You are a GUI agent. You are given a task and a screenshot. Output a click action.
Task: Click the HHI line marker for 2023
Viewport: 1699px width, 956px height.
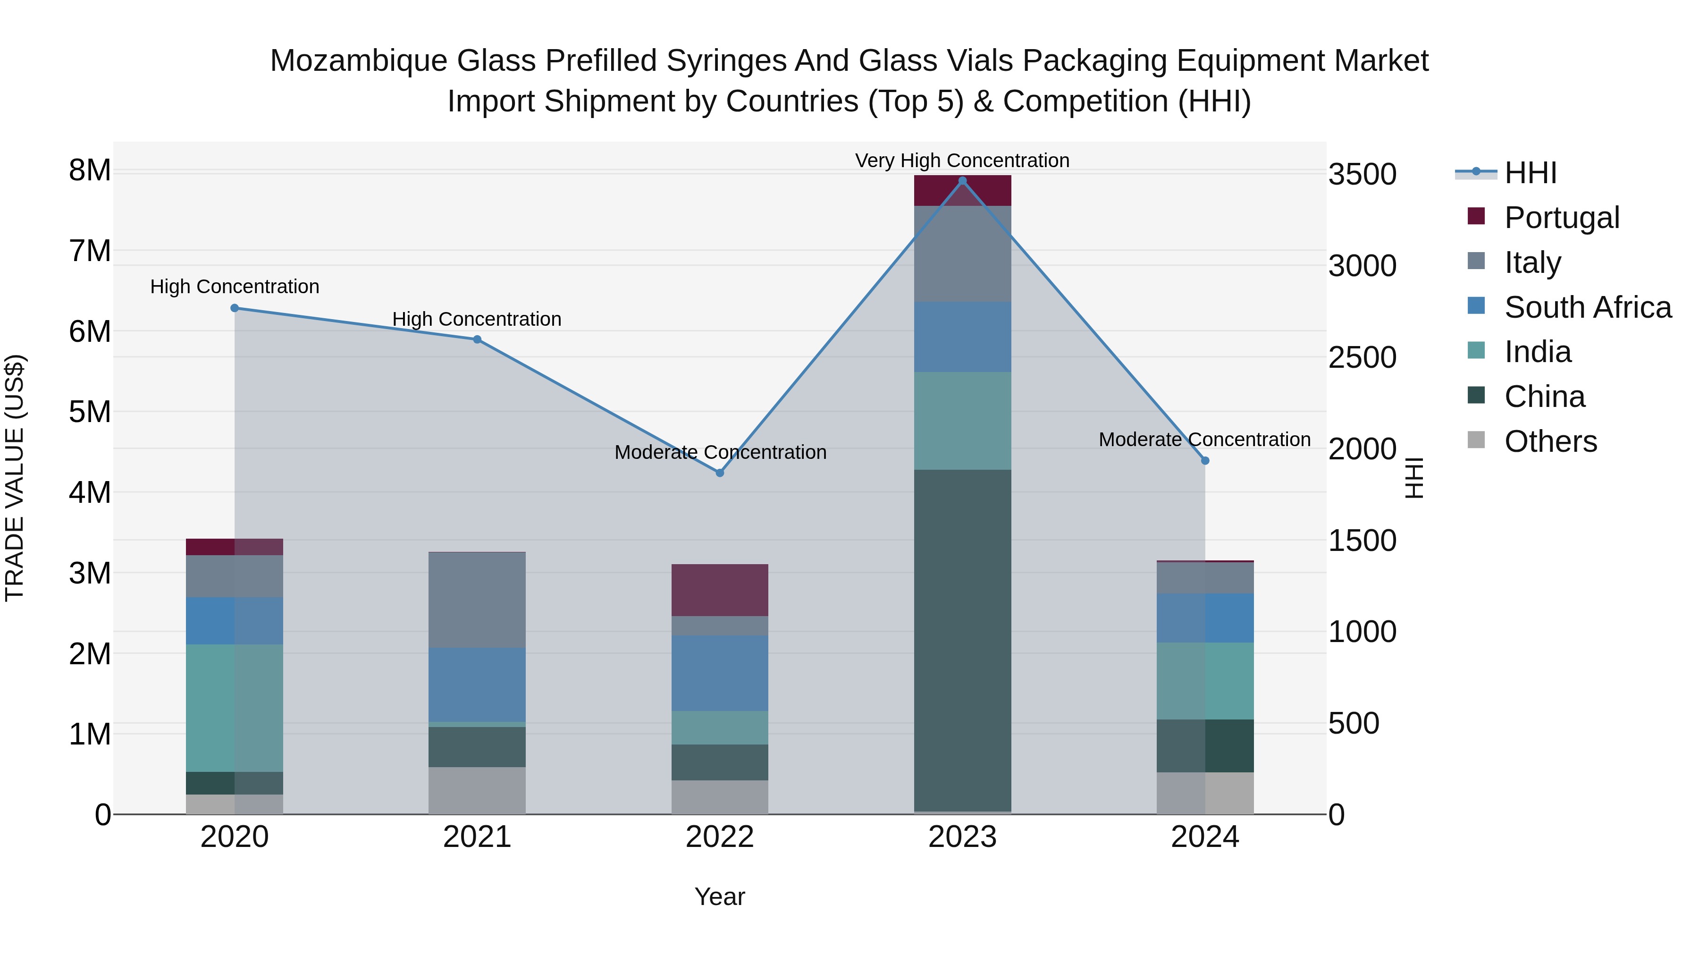pos(962,181)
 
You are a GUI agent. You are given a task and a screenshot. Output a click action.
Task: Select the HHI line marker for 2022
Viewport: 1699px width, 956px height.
pos(720,473)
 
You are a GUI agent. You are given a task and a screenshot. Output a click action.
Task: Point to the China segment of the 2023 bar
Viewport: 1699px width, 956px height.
pos(962,640)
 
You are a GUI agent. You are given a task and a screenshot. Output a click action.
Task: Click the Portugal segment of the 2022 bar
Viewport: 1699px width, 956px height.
pos(720,590)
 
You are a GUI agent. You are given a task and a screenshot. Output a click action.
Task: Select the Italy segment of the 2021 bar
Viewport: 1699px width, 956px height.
pos(477,600)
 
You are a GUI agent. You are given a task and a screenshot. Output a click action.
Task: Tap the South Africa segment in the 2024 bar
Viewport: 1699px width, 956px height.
pos(1205,618)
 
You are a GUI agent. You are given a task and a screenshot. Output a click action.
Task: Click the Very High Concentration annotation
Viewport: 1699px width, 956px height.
pos(962,161)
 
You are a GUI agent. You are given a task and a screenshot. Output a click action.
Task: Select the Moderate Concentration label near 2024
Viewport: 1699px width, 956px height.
pos(1204,440)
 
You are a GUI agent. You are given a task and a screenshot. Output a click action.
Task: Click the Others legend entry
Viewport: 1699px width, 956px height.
pos(1550,441)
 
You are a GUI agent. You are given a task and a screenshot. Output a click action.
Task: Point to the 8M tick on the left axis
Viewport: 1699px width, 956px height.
pos(90,171)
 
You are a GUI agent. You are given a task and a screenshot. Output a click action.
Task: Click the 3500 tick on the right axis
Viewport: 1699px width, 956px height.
pos(1362,175)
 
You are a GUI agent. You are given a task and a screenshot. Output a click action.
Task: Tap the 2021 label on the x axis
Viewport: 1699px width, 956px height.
pos(477,837)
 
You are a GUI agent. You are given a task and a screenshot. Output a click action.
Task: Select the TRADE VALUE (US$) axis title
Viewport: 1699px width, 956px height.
pos(15,478)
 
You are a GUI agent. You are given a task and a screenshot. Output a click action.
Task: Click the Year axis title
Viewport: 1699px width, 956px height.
pos(720,897)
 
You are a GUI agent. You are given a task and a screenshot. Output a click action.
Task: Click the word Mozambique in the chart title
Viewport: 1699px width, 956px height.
pos(358,61)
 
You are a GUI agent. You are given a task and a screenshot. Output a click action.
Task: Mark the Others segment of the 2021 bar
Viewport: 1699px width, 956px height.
pos(477,790)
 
